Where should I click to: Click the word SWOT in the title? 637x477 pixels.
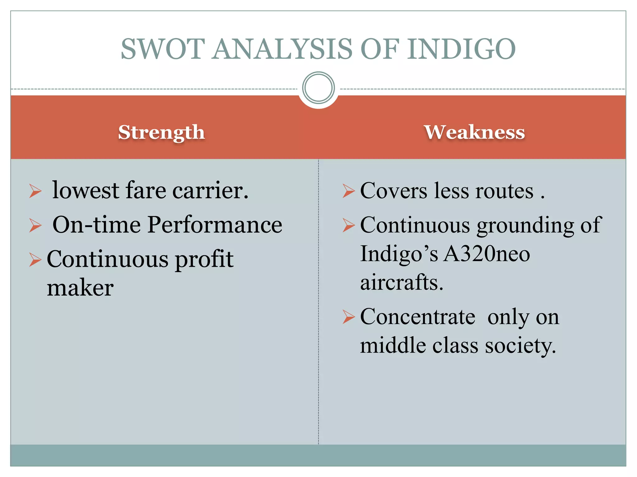click(x=163, y=49)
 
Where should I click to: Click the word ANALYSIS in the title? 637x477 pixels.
click(x=282, y=49)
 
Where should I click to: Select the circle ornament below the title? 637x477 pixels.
click(x=318, y=88)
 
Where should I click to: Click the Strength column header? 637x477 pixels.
click(x=161, y=132)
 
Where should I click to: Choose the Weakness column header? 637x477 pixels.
click(x=474, y=132)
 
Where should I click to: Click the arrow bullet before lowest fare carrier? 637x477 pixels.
click(x=35, y=191)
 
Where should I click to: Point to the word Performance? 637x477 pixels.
click(x=215, y=225)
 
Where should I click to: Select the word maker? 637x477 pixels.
click(x=80, y=288)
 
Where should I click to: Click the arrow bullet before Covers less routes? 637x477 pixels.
click(x=348, y=191)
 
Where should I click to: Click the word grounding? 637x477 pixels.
click(x=525, y=225)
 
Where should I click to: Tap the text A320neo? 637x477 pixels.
click(x=486, y=254)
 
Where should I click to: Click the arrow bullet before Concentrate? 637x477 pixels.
click(x=348, y=317)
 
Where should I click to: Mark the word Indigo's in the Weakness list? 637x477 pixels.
click(x=399, y=254)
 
